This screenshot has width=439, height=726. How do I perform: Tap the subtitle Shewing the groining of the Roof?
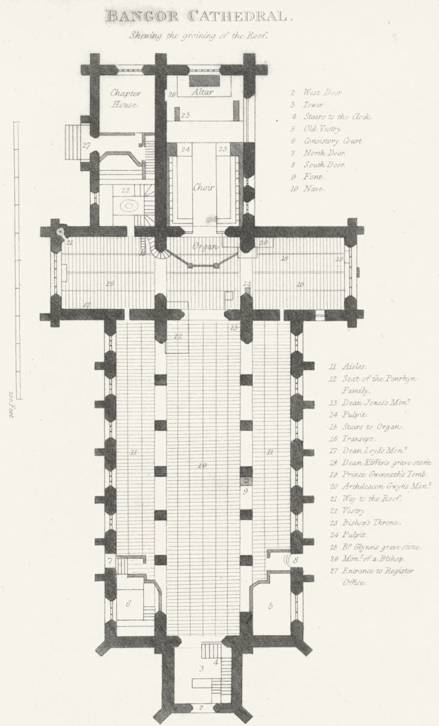click(196, 34)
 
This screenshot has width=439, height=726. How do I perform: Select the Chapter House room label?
click(125, 99)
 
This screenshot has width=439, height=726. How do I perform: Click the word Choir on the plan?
click(204, 189)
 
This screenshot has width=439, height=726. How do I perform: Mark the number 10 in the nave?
click(202, 466)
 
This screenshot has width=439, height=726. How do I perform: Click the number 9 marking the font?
click(245, 490)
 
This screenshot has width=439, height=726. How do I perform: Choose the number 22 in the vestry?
click(125, 190)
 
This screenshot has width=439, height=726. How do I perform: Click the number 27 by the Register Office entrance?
click(86, 145)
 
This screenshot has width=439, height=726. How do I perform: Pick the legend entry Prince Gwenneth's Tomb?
click(379, 474)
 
